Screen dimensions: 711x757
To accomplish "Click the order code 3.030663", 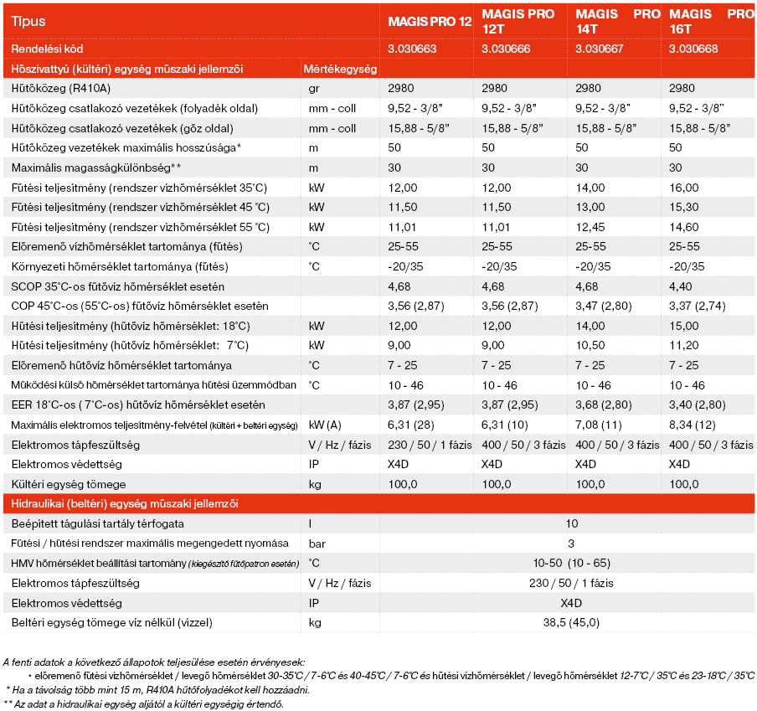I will [412, 49].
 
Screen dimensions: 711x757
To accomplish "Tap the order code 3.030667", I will [600, 49].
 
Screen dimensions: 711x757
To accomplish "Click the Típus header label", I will [29, 21].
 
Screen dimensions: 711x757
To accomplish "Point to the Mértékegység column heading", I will [339, 69].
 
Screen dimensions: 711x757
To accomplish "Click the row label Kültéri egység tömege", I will [69, 484].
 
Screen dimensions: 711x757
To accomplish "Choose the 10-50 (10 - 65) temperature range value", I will [571, 563].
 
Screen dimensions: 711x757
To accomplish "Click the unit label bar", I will [316, 544].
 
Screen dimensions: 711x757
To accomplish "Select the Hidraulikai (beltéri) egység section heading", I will [124, 503].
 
